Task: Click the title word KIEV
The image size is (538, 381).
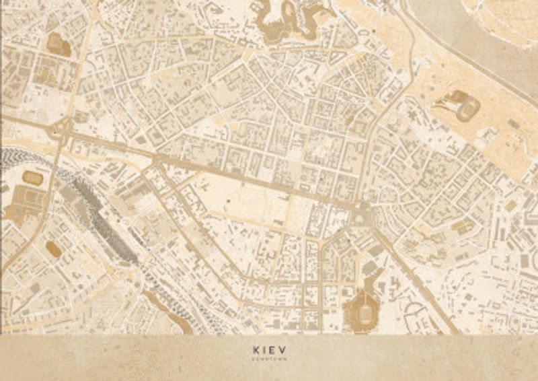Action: click(x=268, y=350)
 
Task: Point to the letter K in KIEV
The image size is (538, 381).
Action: click(x=257, y=350)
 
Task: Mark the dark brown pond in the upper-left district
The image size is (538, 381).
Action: click(x=59, y=45)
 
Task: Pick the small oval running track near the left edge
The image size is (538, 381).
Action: click(x=32, y=178)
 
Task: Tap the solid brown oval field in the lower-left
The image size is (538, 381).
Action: click(x=53, y=250)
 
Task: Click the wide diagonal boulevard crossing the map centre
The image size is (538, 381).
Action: click(x=215, y=168)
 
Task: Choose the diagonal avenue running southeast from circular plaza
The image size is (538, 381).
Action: click(x=410, y=269)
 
